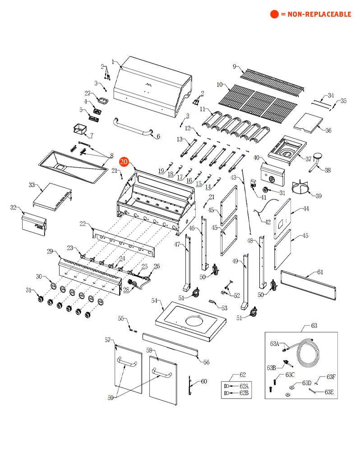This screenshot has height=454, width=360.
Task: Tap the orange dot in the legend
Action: point(274,14)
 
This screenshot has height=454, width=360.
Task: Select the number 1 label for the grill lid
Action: point(113,62)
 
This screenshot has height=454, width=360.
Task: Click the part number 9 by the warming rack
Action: point(234,67)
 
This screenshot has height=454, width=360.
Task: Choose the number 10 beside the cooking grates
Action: point(220,84)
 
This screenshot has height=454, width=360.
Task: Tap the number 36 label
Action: point(328,130)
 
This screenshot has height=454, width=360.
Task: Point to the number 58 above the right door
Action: point(150,350)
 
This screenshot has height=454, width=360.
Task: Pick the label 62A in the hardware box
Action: point(244,385)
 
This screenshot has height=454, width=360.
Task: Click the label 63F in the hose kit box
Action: point(331,376)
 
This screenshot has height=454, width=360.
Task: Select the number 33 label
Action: point(32,185)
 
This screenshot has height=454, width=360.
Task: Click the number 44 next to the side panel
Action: point(306,208)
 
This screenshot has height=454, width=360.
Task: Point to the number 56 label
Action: point(206,362)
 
